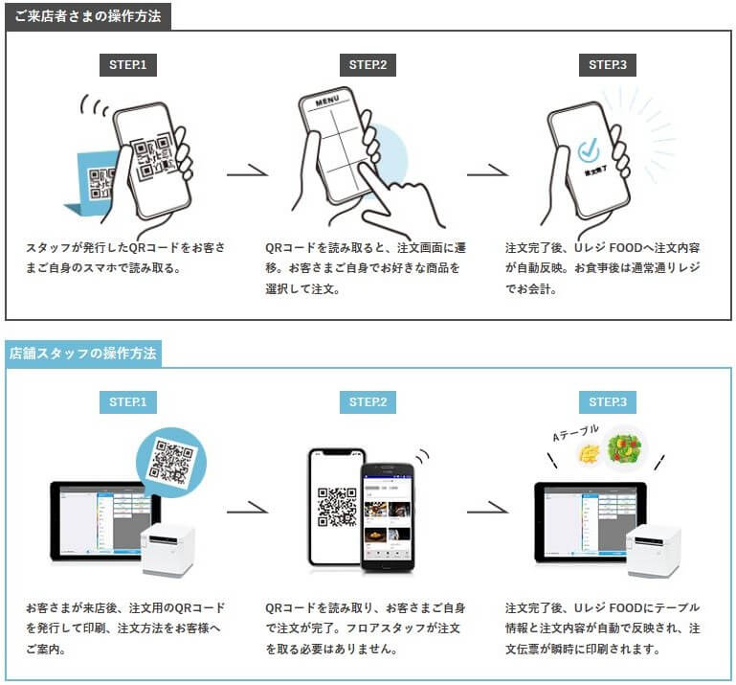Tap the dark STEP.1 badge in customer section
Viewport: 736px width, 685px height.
[128, 65]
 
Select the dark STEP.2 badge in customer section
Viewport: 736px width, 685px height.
[368, 65]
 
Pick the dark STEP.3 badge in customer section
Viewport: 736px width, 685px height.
[608, 65]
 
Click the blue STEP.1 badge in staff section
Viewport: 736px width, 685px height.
[128, 401]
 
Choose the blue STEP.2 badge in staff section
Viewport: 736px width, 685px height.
[368, 401]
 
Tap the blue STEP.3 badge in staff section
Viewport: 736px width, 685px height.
[608, 401]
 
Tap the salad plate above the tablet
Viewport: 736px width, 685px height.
[626, 448]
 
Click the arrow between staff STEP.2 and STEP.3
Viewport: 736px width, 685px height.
[488, 508]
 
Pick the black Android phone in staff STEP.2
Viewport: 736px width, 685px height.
[387, 516]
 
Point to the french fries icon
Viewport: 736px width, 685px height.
[588, 453]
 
